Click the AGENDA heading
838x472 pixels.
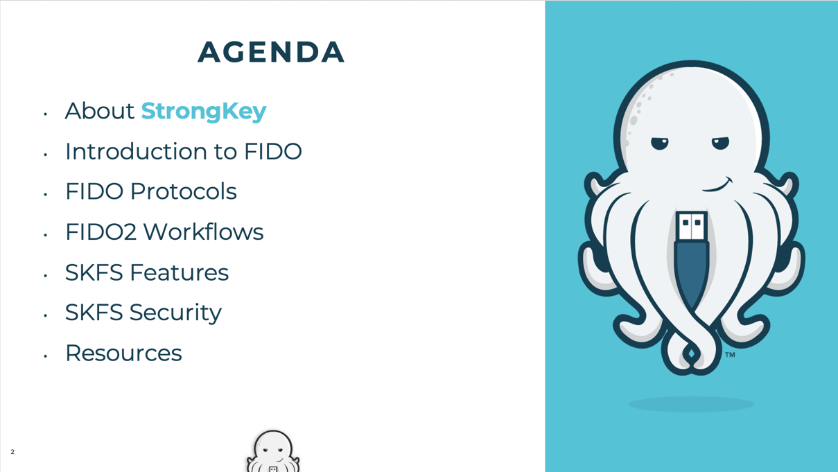(271, 52)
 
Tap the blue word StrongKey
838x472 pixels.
(204, 112)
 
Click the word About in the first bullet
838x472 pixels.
(100, 111)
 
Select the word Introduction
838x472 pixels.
(136, 151)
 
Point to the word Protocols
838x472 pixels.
(183, 191)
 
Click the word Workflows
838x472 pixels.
(204, 231)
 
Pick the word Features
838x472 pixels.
(180, 272)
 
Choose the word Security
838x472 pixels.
(175, 313)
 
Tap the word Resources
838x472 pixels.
(124, 353)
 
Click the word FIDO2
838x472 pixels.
(101, 232)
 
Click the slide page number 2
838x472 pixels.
(12, 452)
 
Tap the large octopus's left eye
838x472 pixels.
(660, 143)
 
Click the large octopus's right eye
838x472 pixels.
(721, 143)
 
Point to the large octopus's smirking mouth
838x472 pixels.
(717, 185)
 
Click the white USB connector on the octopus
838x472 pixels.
(691, 226)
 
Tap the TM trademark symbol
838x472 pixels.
(731, 355)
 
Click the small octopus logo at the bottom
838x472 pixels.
(273, 451)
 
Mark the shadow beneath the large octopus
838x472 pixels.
(691, 404)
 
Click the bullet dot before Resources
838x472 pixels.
(45, 356)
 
